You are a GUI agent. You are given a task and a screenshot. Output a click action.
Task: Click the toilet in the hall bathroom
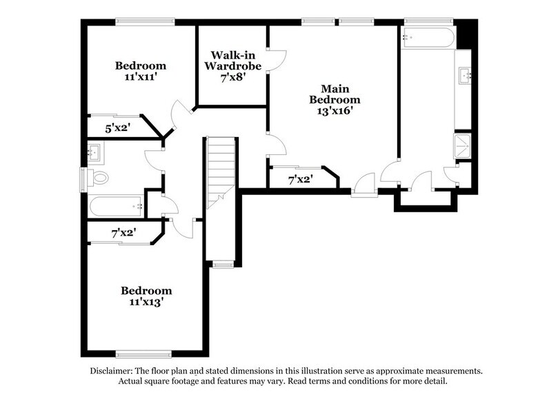coord(100,178)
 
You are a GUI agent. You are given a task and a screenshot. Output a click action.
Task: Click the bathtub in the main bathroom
coord(428,38)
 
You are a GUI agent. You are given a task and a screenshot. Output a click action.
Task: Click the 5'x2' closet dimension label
coord(118,128)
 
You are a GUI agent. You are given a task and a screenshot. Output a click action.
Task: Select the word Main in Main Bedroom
coord(332,88)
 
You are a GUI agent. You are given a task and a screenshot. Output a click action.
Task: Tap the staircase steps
coord(221,169)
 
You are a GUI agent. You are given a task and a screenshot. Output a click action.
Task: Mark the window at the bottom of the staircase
coord(221,263)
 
